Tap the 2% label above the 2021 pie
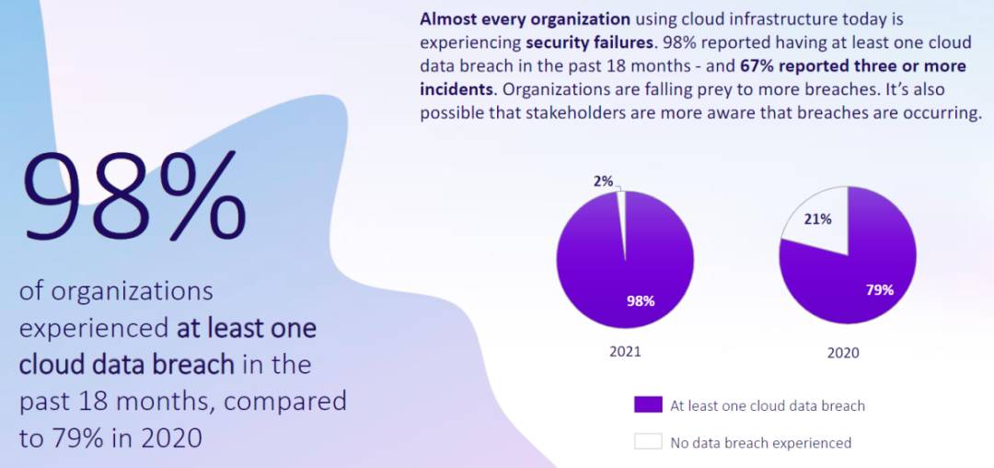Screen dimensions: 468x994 pos(603,181)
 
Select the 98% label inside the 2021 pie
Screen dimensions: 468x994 pos(641,300)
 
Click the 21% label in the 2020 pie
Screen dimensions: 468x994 pos(818,219)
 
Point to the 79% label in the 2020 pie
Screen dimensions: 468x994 pos(879,289)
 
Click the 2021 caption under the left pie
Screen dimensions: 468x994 pos(624,351)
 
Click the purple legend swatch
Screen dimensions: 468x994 pos(648,404)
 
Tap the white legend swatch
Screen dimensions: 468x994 pos(648,441)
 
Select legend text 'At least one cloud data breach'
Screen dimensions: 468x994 pos(768,405)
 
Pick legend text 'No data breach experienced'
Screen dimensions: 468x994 pos(760,442)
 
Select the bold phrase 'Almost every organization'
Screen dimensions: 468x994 pos(526,18)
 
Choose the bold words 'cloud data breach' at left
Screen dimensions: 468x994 pos(126,364)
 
